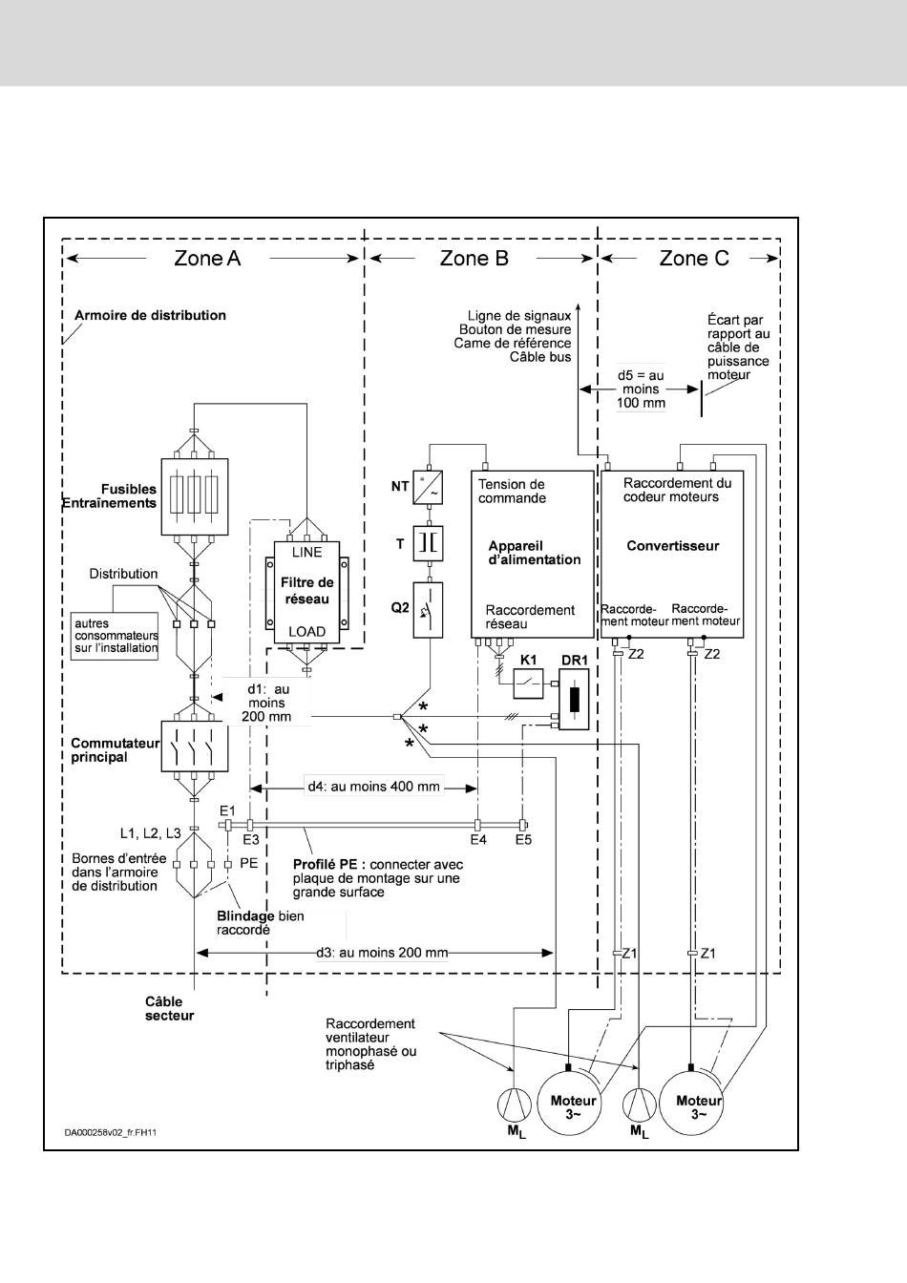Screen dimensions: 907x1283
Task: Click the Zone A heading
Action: tap(207, 259)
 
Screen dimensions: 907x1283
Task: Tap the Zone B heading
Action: tap(474, 259)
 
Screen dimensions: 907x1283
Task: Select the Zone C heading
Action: tap(694, 259)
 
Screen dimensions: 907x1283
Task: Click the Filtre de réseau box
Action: tap(306, 592)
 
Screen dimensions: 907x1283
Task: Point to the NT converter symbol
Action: tap(428, 488)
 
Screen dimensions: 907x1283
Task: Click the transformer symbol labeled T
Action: tap(428, 543)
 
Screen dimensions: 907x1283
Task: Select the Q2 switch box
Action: tap(428, 610)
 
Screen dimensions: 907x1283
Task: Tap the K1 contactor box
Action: tap(528, 684)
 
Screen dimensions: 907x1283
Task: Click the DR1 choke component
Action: tap(574, 699)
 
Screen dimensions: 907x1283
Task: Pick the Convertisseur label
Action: tap(673, 546)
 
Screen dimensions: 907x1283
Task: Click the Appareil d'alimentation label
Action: tap(534, 553)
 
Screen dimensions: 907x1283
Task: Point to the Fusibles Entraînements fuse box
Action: tap(195, 496)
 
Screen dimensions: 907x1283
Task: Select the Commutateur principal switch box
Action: tap(195, 747)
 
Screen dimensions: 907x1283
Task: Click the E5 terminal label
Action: tap(523, 840)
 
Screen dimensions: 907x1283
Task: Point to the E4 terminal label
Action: tap(478, 840)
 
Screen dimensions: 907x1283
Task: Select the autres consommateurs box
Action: tap(116, 637)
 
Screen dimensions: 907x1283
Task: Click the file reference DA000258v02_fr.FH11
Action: tap(111, 1132)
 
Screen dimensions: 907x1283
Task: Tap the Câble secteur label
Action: tap(169, 1009)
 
